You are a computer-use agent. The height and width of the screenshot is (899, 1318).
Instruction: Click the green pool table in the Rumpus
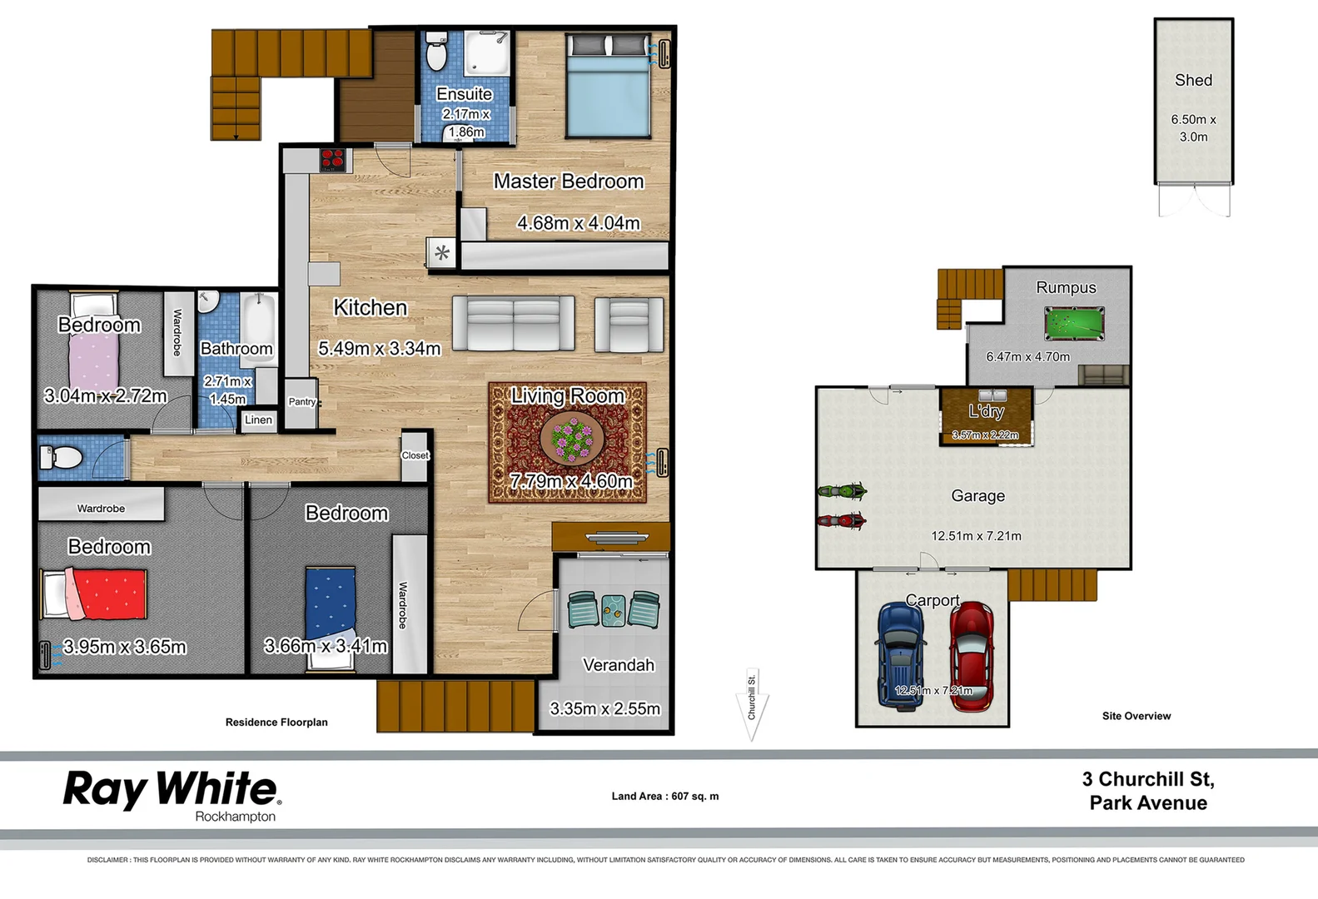[1074, 324]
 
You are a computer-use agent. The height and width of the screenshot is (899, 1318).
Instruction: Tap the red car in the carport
[972, 657]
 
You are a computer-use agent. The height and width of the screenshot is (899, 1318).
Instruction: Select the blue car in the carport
[901, 657]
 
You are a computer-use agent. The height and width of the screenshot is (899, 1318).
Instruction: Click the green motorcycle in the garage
[843, 491]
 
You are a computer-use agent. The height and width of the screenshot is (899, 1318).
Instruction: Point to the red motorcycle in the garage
[843, 522]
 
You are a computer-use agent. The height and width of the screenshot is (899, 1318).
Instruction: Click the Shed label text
[1193, 81]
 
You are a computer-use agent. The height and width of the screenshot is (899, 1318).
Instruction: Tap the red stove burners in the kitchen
[333, 158]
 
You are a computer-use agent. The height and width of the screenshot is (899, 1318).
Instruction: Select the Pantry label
[301, 402]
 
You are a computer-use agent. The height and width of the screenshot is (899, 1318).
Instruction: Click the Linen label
[258, 420]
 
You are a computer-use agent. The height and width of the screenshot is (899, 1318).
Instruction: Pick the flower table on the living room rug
[572, 439]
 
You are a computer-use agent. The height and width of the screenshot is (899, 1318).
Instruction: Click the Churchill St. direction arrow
[752, 704]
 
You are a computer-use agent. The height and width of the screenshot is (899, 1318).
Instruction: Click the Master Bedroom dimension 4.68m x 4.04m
[579, 223]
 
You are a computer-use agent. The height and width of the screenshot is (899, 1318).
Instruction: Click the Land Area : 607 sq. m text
[664, 797]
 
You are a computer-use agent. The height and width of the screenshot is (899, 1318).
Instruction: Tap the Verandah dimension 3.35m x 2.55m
[604, 709]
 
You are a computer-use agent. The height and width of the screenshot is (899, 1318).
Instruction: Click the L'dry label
[986, 411]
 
